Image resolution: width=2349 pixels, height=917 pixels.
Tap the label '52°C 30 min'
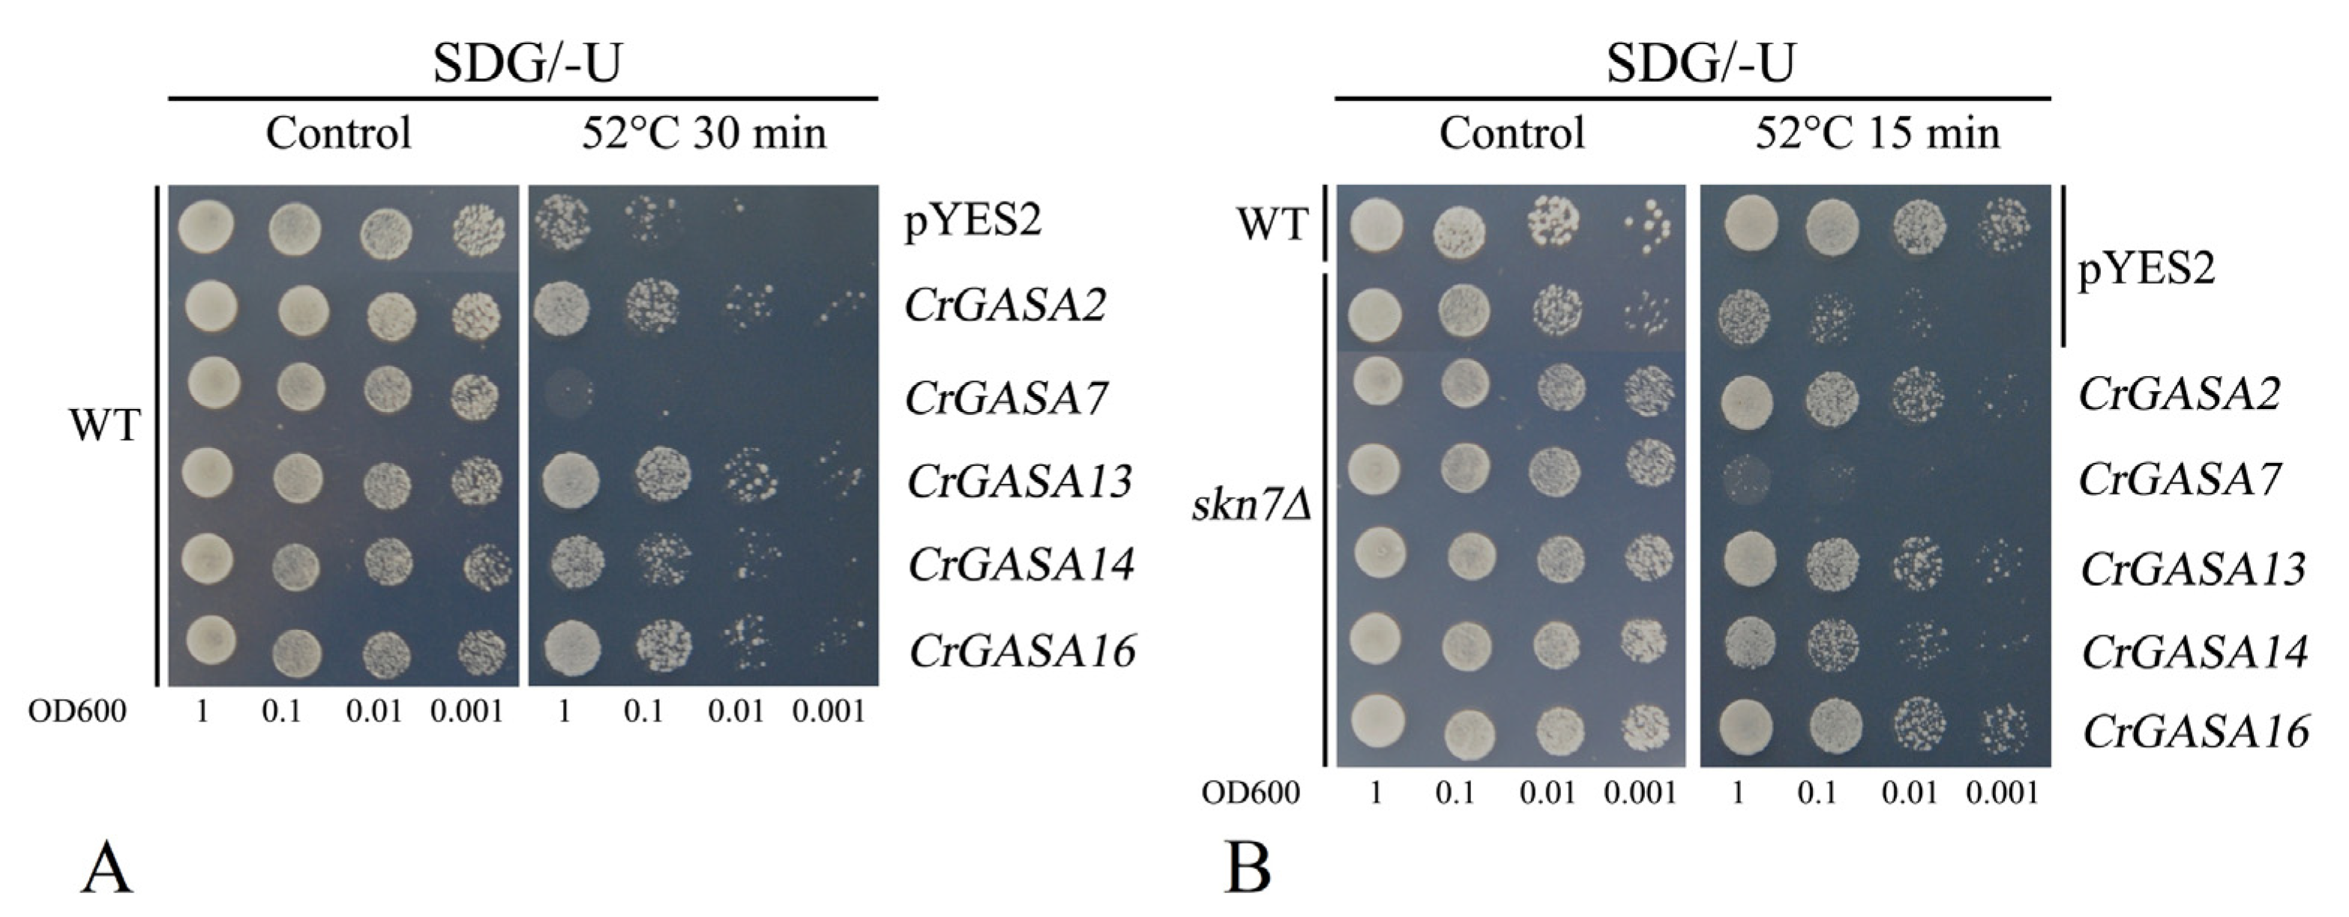click(704, 133)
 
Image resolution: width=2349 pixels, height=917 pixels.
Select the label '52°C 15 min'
click(1877, 133)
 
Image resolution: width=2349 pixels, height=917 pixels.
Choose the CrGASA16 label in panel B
click(2195, 732)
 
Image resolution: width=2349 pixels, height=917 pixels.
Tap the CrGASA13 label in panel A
click(1020, 481)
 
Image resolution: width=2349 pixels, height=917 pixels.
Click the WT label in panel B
click(1273, 223)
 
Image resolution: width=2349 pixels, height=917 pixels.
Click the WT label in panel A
click(105, 425)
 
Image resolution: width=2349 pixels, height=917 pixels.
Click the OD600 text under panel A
click(77, 711)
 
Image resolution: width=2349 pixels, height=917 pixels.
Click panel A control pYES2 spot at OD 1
click(206, 226)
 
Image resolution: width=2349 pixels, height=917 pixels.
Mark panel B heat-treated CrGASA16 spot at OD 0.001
click(2004, 729)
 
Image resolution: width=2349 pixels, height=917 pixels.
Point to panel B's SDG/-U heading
click(1700, 64)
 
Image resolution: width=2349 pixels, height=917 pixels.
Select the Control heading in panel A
click(338, 133)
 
